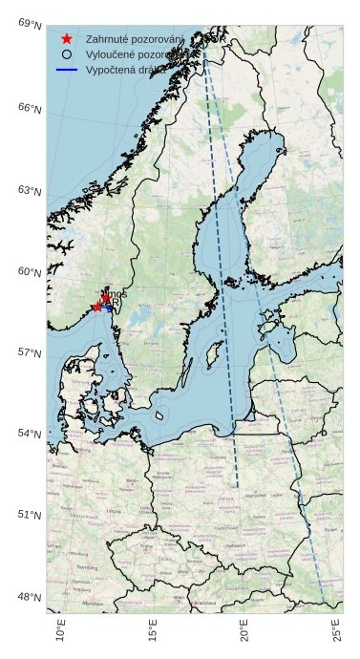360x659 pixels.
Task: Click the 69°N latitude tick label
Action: pos(31,24)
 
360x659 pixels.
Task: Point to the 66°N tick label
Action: pos(31,108)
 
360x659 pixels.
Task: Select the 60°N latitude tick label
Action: pos(31,272)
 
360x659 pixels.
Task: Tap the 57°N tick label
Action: pos(31,353)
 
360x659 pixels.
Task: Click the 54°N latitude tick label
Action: pos(31,434)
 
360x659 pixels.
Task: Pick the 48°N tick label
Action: pos(31,598)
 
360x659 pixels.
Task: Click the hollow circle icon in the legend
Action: pos(66,55)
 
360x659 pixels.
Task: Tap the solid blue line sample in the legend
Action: pos(66,71)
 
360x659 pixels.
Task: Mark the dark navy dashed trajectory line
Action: pos(222,287)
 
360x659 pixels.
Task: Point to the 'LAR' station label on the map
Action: pos(112,306)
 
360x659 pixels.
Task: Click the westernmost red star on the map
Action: pos(96,307)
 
